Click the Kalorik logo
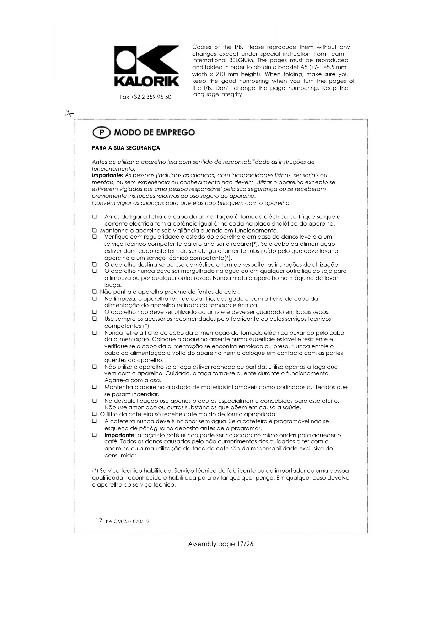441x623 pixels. point(146,66)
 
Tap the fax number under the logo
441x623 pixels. point(145,97)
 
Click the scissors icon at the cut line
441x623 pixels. point(69,114)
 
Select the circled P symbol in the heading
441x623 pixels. point(101,132)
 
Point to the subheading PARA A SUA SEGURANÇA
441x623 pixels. point(126,148)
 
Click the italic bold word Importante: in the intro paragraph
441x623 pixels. point(107,175)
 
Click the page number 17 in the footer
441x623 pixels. point(99,521)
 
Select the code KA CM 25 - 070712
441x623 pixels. point(127,522)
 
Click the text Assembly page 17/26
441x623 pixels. point(220,544)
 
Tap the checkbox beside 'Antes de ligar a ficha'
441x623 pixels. point(95,217)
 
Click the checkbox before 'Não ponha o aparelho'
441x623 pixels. point(95,292)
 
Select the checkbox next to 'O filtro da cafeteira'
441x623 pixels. point(95,415)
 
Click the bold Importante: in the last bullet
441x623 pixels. point(120,435)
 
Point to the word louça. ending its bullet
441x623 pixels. point(113,285)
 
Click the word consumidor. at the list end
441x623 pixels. point(121,455)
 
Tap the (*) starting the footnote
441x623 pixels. point(95,471)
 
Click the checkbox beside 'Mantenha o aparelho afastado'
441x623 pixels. point(95,387)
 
